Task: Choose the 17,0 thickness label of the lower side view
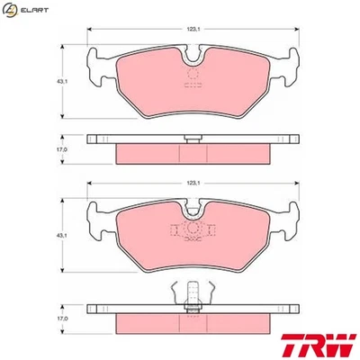(x=63, y=318)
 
